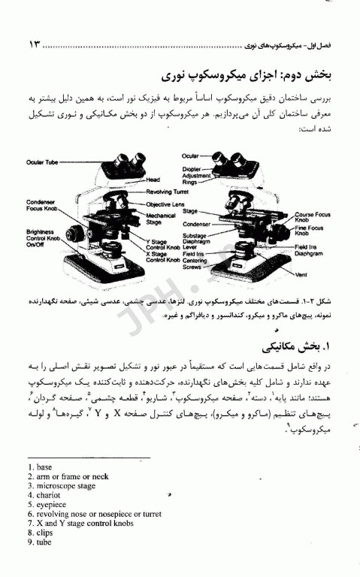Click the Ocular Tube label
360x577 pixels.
pyautogui.click(x=41, y=162)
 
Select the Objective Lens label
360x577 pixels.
pyautogui.click(x=165, y=204)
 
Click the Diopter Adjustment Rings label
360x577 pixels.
pyautogui.click(x=197, y=174)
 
